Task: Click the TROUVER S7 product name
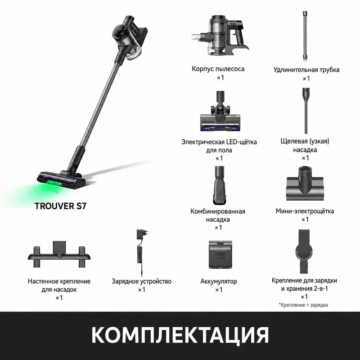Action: pos(60,206)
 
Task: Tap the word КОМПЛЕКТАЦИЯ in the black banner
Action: pos(180,335)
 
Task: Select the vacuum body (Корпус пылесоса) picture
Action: pos(220,36)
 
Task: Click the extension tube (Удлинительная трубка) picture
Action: pos(305,36)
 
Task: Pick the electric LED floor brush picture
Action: pos(218,111)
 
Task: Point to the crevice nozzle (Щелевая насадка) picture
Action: pos(306,110)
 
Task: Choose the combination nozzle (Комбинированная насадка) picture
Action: pos(220,185)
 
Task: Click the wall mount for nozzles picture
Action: pos(59,254)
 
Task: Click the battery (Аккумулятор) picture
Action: pos(220,254)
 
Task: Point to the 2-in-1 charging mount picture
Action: pos(304,252)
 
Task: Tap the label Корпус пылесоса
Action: pos(218,69)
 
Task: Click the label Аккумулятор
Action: pos(219,281)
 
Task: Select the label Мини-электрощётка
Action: pos(305,211)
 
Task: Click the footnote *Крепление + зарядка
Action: pos(303,305)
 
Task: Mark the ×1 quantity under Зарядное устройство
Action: pos(142,290)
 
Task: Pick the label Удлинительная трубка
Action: pos(306,70)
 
